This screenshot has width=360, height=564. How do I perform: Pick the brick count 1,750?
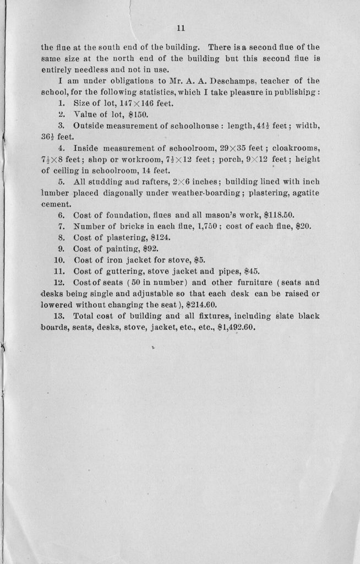[x=195, y=226]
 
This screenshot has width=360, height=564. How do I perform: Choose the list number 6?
[x=62, y=215]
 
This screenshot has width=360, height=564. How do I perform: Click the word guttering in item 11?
[x=119, y=271]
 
